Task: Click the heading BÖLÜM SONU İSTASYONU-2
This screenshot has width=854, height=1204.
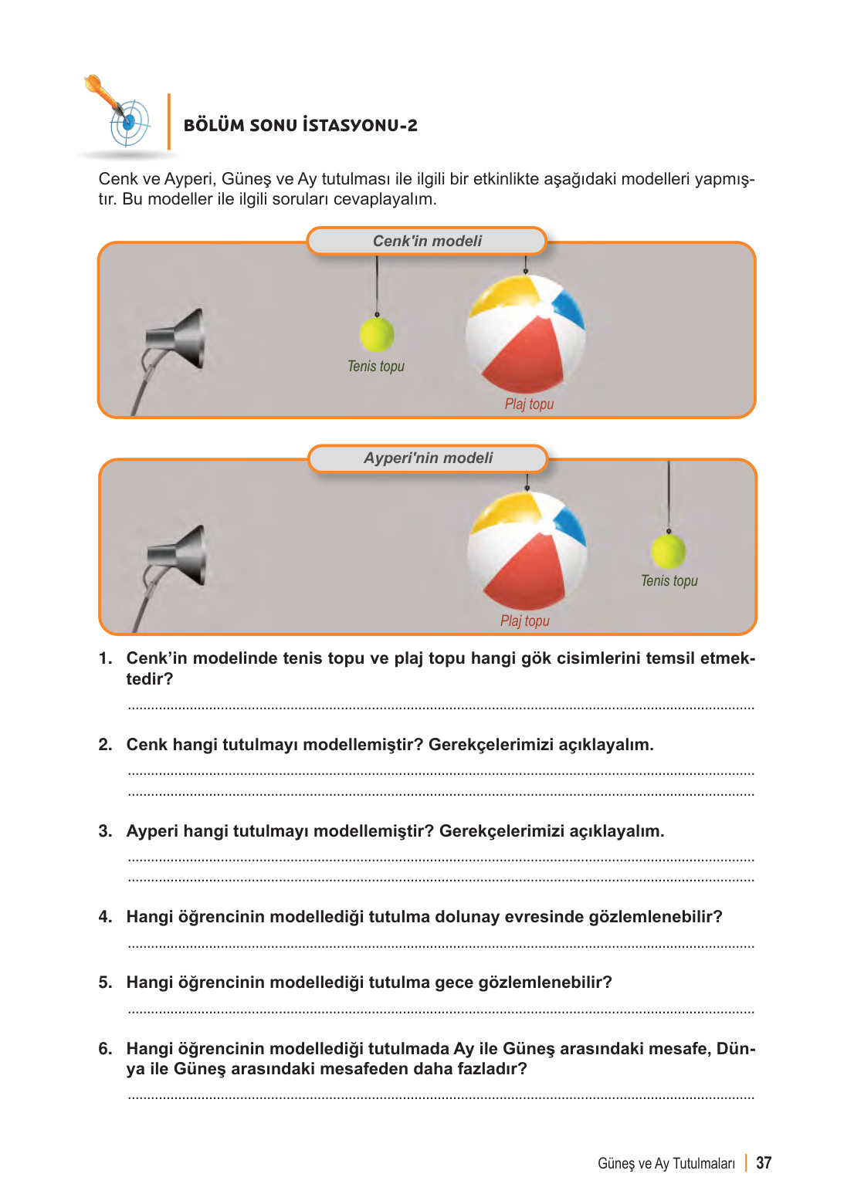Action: click(300, 125)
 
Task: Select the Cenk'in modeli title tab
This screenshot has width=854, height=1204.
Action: click(427, 241)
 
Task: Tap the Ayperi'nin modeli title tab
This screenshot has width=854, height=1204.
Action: click(428, 458)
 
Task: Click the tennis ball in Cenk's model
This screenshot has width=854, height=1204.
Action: click(377, 334)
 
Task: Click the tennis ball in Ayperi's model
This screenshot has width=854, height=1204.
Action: click(669, 551)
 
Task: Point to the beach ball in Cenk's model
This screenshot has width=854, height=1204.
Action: click(526, 333)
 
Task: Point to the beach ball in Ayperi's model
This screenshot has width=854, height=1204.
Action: click(527, 550)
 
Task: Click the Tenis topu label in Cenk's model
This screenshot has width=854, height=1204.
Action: click(376, 367)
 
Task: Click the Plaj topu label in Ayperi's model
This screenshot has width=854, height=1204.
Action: click(525, 621)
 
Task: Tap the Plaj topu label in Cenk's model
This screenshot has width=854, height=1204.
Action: click(530, 404)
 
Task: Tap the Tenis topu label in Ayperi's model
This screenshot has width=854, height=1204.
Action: click(669, 580)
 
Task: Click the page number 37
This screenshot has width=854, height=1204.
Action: click(764, 1163)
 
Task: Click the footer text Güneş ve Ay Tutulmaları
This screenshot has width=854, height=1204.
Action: click(666, 1164)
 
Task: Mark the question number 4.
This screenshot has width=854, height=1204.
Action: click(105, 917)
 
